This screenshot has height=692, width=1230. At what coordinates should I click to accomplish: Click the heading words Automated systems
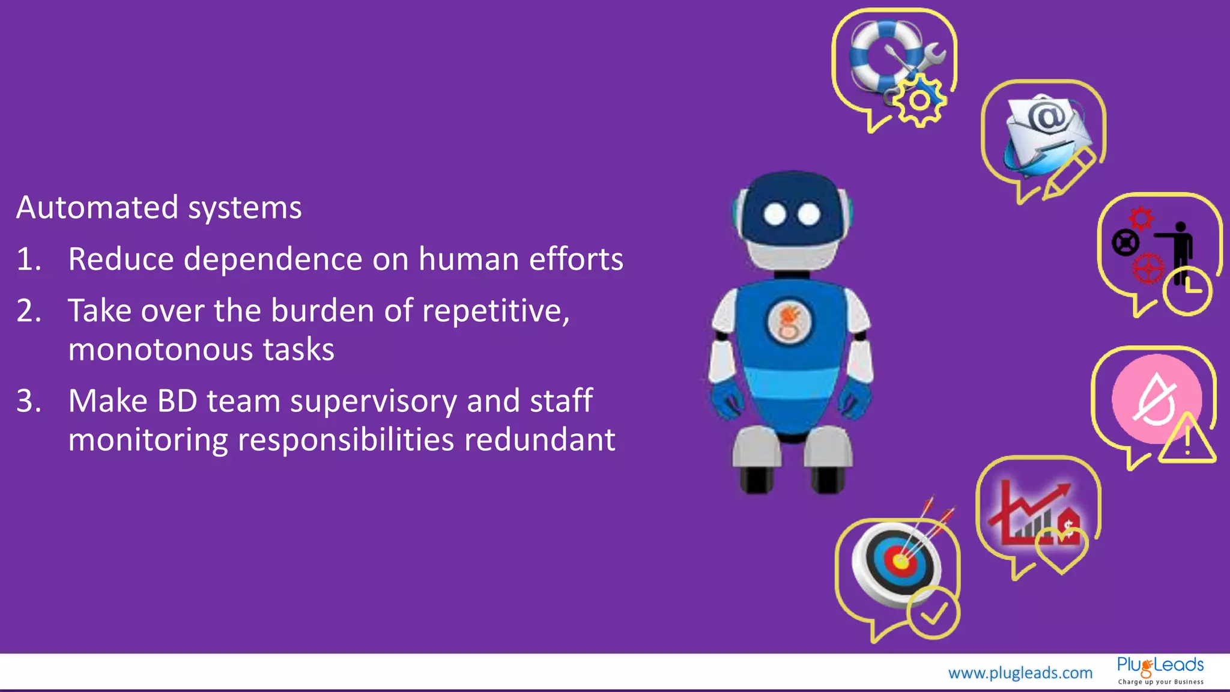(x=159, y=208)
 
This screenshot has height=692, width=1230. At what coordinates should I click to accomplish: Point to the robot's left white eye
(x=775, y=214)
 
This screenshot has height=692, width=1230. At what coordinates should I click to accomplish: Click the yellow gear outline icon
(x=919, y=100)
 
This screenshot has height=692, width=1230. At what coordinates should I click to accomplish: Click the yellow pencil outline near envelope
(x=1069, y=174)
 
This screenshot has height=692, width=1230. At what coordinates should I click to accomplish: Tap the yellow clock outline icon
(x=1187, y=292)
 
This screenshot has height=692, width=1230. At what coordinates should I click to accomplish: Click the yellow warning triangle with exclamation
(x=1187, y=442)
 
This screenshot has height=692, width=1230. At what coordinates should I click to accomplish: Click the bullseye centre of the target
(x=900, y=562)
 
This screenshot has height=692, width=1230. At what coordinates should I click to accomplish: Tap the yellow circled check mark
(x=933, y=613)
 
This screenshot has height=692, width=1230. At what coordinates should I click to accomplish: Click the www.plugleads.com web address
(x=1020, y=673)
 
